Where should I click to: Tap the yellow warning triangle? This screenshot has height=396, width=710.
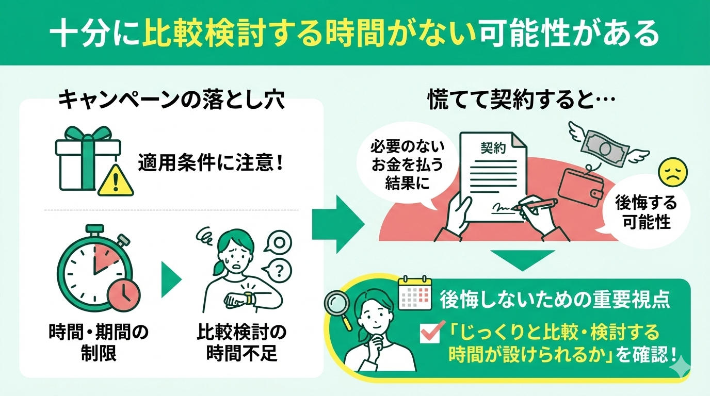(116, 180)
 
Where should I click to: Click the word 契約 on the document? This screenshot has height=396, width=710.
(493, 149)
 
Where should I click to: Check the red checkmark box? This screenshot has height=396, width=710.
(430, 333)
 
